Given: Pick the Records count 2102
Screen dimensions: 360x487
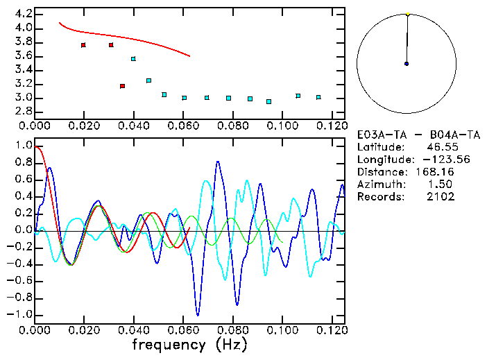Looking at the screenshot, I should coord(441,197).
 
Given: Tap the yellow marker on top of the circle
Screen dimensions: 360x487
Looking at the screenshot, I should coord(408,14).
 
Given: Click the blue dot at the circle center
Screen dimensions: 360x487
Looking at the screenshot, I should coord(407,64).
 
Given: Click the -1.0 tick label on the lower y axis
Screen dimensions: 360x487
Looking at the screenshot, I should coord(19,314).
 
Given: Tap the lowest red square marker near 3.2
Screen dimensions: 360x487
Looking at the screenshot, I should coord(122,86).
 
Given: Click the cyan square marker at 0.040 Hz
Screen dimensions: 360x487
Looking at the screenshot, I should coord(133,59).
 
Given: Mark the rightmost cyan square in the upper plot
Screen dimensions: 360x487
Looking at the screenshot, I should coord(318,97).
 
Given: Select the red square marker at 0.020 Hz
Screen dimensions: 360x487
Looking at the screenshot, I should coord(83,45).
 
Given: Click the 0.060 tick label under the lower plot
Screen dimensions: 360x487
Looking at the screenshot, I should coord(183,330).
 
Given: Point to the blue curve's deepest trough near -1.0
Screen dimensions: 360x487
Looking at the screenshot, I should coord(198,315).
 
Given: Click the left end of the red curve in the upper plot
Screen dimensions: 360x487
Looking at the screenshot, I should coord(59,22).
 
